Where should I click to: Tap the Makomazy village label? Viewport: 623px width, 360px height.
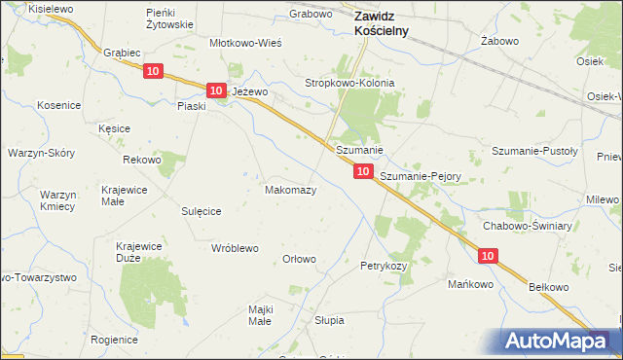[291, 190]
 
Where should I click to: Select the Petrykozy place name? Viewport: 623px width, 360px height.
[383, 266]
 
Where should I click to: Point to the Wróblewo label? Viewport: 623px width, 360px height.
[235, 248]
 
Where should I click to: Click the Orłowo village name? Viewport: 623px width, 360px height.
[299, 259]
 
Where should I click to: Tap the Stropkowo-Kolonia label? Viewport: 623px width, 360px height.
[350, 84]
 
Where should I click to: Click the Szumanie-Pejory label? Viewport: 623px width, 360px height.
[420, 176]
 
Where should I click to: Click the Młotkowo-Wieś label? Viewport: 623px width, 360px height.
[246, 44]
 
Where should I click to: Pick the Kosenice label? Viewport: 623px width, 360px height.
[58, 104]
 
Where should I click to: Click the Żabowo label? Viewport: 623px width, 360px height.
[497, 43]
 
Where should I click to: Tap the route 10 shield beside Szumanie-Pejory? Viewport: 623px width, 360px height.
[362, 171]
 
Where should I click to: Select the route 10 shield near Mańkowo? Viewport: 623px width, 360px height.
[489, 255]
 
